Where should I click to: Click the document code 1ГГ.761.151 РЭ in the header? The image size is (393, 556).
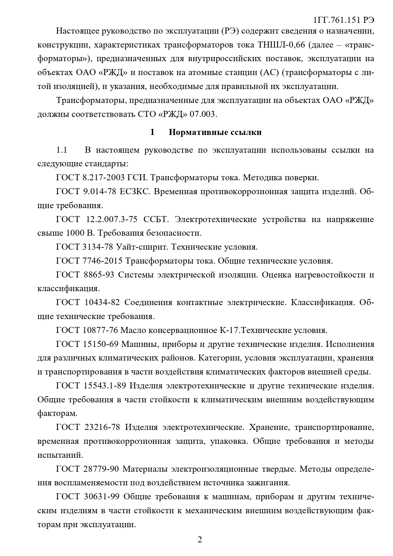click(343, 20)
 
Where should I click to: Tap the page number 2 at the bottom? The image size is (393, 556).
click(200, 540)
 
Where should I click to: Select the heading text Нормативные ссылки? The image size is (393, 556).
click(215, 132)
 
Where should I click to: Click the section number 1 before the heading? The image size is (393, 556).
click(152, 132)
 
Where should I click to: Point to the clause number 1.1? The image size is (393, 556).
click(62, 150)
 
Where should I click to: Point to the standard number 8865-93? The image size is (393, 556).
click(98, 275)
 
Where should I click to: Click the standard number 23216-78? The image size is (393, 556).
click(102, 427)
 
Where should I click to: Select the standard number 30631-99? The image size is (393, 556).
click(101, 496)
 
